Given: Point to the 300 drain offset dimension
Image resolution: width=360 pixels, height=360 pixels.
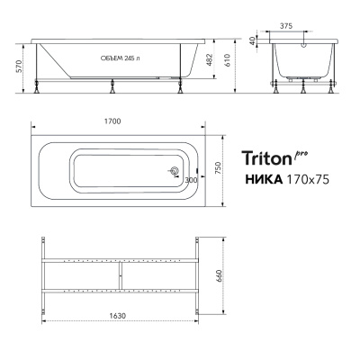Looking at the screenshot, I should pyautogui.click(x=190, y=180).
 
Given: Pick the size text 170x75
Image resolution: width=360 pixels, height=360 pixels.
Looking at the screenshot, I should pyautogui.click(x=307, y=179).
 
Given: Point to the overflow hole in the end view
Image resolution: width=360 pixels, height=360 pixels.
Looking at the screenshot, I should pyautogui.click(x=307, y=45).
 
